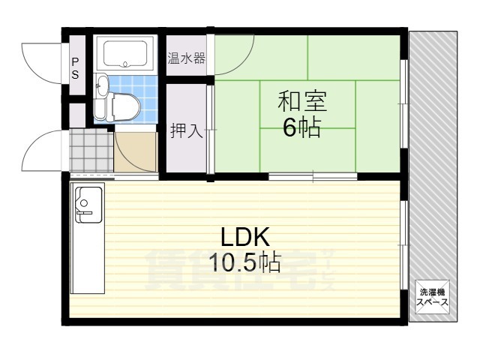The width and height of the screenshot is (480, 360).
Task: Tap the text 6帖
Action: point(301,127)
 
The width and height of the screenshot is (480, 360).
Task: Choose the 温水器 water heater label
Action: point(186,57)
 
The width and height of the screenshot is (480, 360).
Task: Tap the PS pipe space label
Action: point(75,68)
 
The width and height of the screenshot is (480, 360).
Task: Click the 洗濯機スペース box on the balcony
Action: point(433,297)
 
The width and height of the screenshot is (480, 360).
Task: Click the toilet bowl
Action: point(121,105)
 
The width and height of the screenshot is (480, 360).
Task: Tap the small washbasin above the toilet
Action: point(102,86)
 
